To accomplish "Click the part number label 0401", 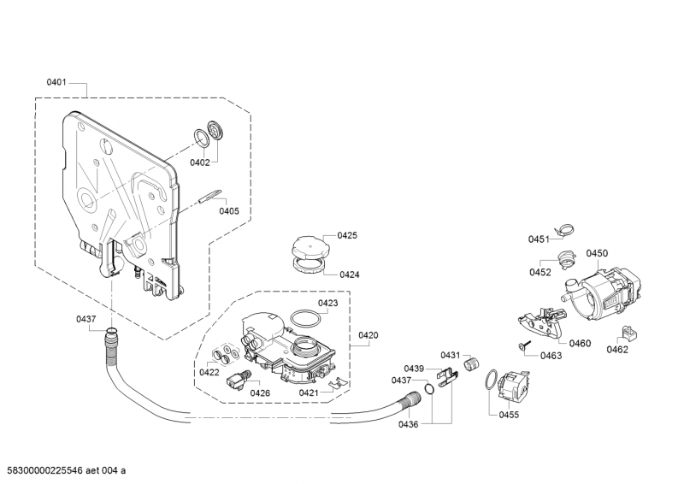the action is tap(56, 82).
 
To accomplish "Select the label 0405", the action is tap(229, 211).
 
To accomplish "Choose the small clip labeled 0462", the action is tap(628, 333).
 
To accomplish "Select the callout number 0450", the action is tap(597, 253).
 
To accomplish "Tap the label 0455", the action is tap(509, 415).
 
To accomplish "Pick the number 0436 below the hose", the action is tap(409, 424).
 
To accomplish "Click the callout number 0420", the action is tap(369, 335).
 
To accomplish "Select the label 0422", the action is tap(209, 372).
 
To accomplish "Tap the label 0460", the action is tap(581, 344).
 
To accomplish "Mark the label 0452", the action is tap(540, 272).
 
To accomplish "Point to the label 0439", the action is tap(414, 369).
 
